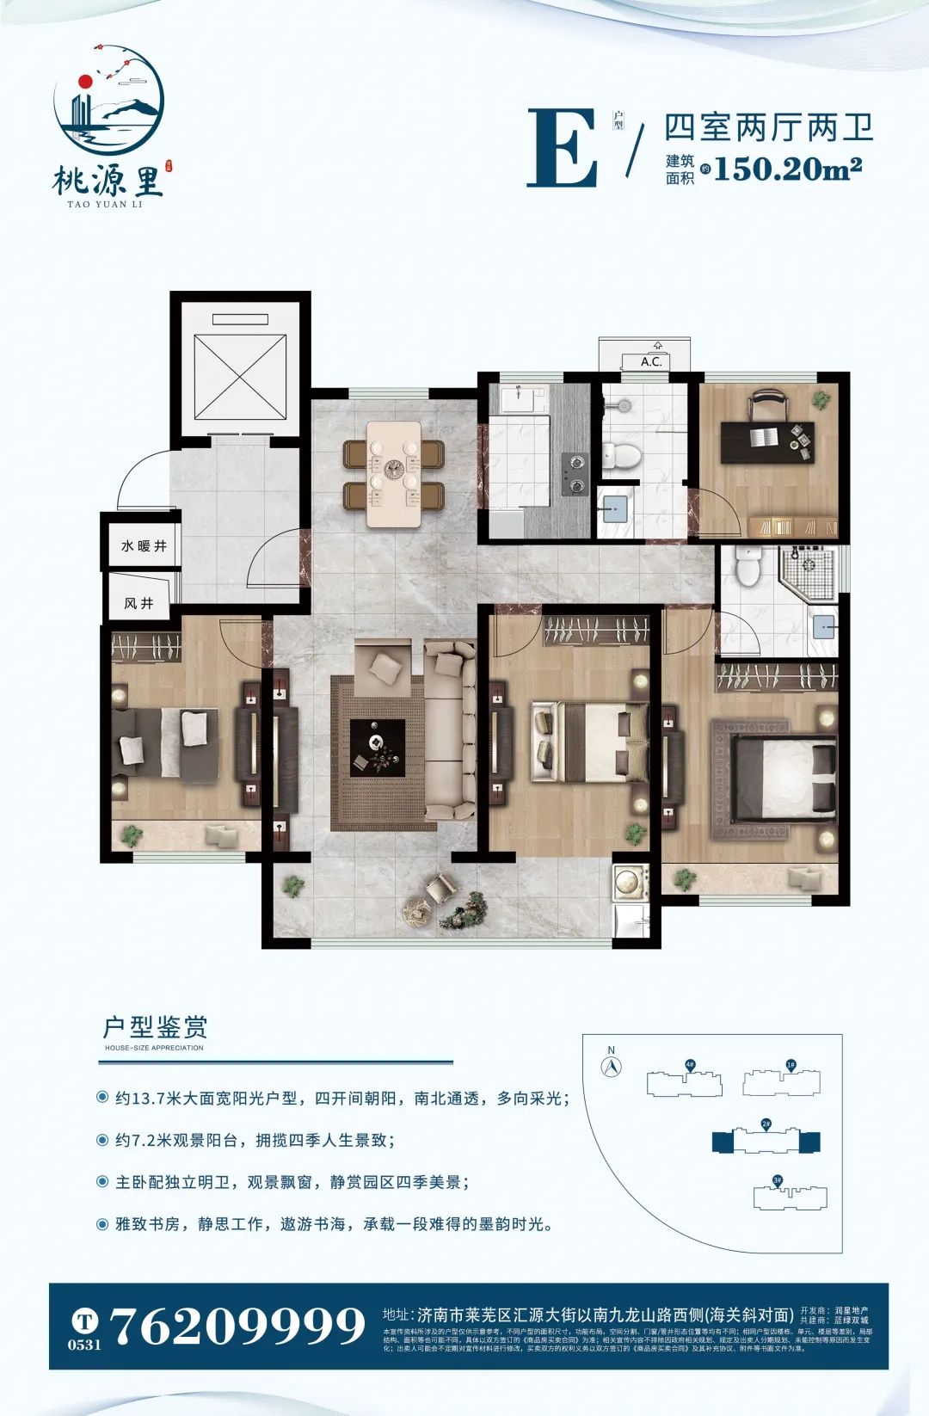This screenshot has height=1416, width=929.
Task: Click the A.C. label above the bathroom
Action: pyautogui.click(x=651, y=361)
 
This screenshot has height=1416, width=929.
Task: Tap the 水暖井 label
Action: pyautogui.click(x=144, y=545)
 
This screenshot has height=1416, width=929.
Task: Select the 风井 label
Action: pyautogui.click(x=138, y=603)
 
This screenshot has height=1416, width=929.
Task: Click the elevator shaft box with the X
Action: pyautogui.click(x=240, y=377)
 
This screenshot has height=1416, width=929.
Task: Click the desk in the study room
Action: pyautogui.click(x=766, y=440)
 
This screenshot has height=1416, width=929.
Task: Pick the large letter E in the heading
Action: pyautogui.click(x=563, y=148)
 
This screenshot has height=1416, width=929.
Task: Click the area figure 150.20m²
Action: pyautogui.click(x=787, y=168)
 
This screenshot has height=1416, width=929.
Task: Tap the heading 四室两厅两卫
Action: pyautogui.click(x=769, y=127)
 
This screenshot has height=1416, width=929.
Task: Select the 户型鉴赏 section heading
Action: pyautogui.click(x=155, y=1027)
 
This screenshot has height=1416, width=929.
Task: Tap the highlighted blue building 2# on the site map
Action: pyautogui.click(x=766, y=1141)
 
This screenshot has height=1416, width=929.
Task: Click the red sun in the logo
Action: pyautogui.click(x=84, y=82)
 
